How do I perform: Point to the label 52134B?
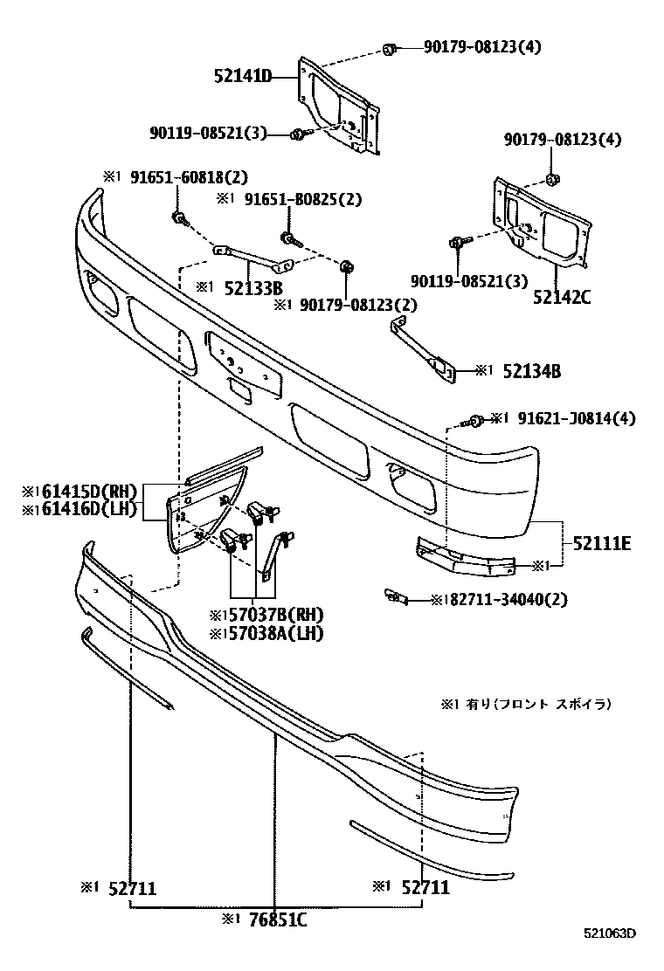(531, 371)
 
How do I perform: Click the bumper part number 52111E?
(602, 544)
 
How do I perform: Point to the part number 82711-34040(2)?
(506, 600)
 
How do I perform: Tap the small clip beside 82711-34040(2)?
(395, 597)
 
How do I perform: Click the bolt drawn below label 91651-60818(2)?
(180, 217)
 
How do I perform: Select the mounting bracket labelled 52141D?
(336, 107)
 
